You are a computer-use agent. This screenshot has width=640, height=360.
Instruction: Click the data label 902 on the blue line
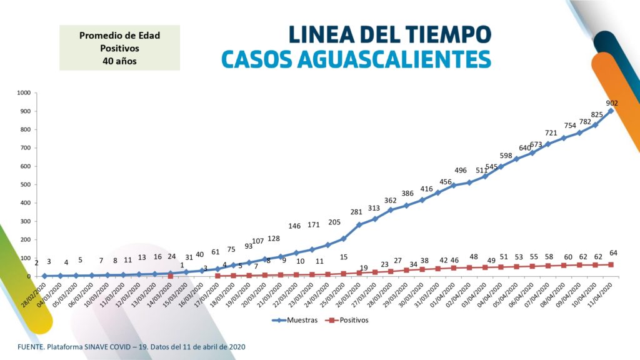(x=612, y=103)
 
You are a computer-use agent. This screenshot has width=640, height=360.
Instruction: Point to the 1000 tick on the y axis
(x=24, y=93)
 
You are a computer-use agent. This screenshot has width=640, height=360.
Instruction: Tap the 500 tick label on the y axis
(x=25, y=184)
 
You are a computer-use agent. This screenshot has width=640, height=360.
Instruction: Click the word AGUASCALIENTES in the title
(x=382, y=59)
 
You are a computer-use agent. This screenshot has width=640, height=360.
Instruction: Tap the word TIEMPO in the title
(x=447, y=33)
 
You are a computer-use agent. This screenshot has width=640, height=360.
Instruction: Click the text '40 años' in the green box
(x=119, y=61)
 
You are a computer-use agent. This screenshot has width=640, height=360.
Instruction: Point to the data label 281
(x=356, y=212)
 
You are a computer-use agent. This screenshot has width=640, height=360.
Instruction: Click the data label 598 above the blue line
(x=506, y=156)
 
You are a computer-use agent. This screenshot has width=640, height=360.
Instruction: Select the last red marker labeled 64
(x=611, y=264)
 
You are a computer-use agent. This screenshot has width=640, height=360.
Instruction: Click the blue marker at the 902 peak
(x=611, y=111)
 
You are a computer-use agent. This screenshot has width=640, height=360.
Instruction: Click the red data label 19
(x=363, y=268)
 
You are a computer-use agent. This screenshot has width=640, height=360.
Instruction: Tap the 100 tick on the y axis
(x=25, y=258)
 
